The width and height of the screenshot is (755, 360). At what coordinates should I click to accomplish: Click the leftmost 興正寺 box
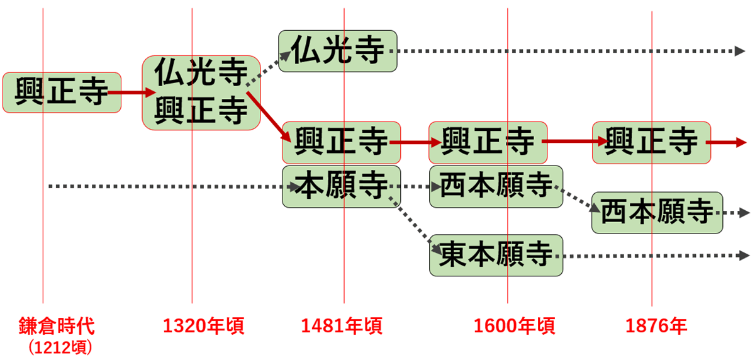62,93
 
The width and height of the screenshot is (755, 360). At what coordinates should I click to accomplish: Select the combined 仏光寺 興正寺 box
201,93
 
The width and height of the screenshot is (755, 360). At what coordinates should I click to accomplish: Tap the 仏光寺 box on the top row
338,51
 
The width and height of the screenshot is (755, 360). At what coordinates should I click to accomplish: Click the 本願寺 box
342,186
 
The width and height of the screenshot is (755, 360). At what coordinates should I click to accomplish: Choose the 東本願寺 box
496,255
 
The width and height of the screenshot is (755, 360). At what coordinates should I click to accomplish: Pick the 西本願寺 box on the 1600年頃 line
496,186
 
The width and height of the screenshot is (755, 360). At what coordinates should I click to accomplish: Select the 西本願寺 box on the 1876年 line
657,213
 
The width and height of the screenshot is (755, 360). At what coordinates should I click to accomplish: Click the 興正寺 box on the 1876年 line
652,143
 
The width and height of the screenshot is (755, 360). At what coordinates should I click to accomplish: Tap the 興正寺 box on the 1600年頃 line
488,143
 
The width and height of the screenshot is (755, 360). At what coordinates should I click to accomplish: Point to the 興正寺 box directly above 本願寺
342,143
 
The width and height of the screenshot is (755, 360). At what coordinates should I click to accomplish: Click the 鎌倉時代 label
57,326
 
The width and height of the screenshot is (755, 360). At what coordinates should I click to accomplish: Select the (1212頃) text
60,347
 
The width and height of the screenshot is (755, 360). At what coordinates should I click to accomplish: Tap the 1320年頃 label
204,326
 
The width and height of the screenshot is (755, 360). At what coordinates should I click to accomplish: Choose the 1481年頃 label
342,326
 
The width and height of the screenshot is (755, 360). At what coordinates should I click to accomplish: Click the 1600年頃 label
515,326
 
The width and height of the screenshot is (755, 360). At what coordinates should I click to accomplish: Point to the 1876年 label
656,326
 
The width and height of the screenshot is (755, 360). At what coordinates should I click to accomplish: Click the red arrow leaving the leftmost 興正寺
131,93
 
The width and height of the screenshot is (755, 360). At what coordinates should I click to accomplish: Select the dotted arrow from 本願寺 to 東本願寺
415,225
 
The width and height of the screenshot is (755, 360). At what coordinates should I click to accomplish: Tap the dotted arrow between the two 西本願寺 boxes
577,199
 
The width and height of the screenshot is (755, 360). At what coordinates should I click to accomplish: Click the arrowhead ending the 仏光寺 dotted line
740,51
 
